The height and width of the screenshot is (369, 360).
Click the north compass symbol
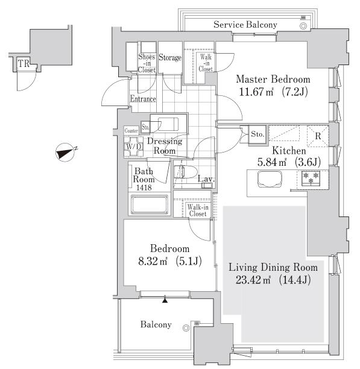tap(65, 153)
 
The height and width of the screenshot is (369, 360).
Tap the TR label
tap(24, 63)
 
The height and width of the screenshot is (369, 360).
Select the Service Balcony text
tap(245, 25)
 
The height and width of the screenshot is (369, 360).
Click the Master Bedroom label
tap(273, 79)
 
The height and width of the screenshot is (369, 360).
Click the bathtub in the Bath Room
tap(149, 204)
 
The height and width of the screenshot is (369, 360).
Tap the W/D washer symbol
tap(134, 147)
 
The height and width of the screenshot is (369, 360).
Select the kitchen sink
tap(270, 179)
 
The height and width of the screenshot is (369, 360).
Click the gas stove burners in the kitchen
tap(311, 178)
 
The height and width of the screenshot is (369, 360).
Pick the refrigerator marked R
tap(318, 136)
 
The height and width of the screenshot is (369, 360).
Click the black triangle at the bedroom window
tap(165, 300)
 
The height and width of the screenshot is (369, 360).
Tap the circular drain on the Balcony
tap(186, 328)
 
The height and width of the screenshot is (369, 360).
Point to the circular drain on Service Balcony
tap(303, 26)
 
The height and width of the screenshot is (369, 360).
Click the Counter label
tap(131, 131)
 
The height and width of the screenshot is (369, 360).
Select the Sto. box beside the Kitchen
tap(257, 134)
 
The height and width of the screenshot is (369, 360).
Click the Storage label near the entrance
tap(170, 57)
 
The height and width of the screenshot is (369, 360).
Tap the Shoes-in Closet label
tap(147, 63)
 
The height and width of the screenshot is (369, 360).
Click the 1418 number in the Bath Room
tap(144, 188)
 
